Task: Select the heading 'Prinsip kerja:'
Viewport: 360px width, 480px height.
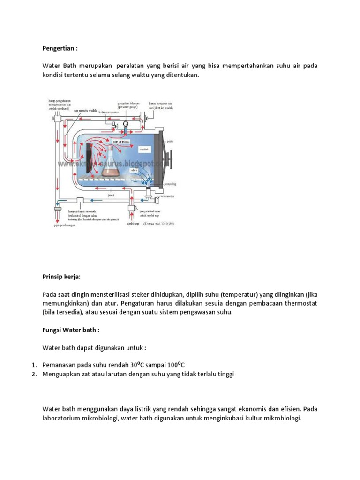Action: [61, 277]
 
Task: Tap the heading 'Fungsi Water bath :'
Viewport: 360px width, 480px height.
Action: [71, 330]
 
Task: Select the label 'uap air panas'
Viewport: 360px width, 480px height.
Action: [120, 141]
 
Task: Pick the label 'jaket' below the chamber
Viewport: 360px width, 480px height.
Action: [111, 193]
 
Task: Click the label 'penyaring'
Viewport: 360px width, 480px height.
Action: [171, 185]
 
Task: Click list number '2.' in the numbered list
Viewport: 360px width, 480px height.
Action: [34, 374]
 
